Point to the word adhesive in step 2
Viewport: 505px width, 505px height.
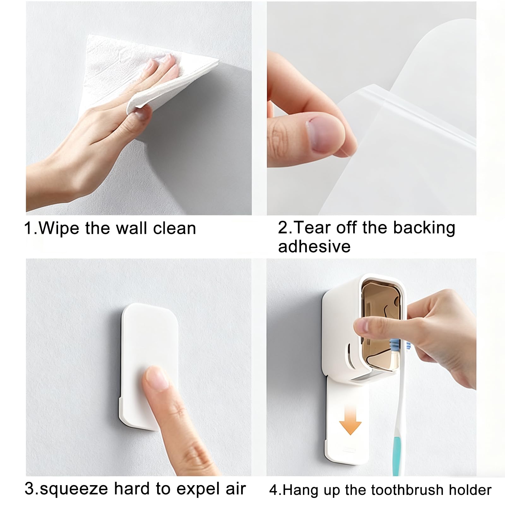[314, 246]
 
